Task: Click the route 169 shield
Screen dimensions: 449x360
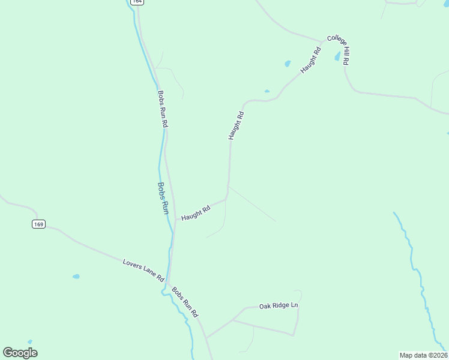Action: coord(38,224)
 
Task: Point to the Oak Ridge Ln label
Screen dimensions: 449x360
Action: coord(279,306)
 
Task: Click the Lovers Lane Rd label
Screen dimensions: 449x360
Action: coord(143,271)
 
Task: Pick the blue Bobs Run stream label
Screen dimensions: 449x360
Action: coord(162,199)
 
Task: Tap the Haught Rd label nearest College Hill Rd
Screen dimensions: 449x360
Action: coord(312,60)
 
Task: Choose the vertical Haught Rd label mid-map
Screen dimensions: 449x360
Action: coord(236,126)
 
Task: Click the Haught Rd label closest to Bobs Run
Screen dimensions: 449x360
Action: coord(196,212)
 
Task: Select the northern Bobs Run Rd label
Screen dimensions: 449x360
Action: coord(162,109)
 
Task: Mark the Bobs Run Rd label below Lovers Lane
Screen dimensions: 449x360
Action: coord(185,302)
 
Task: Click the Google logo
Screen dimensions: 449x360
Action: coord(20,353)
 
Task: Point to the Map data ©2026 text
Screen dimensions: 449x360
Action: coord(423,355)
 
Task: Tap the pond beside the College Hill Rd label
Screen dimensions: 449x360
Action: coord(338,57)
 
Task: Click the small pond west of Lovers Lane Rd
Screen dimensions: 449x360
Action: coord(76,277)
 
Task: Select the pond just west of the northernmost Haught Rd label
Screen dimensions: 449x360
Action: coord(288,63)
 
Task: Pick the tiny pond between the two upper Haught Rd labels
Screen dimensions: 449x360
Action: coord(267,91)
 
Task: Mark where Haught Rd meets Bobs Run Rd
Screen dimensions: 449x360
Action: coord(175,220)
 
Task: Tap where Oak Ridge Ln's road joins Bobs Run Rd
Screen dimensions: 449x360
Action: coord(206,337)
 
